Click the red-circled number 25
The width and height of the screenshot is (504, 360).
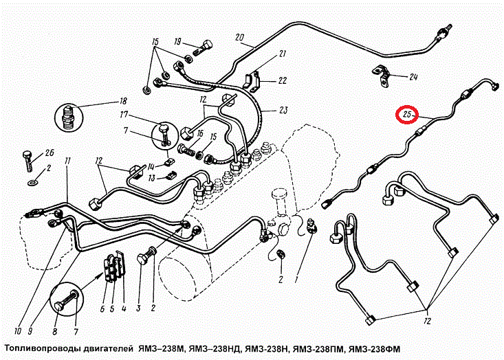[407, 114]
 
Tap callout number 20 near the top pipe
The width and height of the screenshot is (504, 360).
[240, 37]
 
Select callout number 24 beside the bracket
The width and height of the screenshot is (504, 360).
[413, 77]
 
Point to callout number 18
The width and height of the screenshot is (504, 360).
[123, 101]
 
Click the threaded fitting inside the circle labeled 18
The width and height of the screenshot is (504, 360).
[68, 116]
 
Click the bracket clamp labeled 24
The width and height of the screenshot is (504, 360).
[382, 76]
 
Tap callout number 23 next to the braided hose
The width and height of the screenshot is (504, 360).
[283, 110]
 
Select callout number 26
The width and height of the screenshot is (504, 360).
[50, 153]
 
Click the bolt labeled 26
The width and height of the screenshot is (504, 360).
[28, 161]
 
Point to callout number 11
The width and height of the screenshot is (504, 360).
[67, 161]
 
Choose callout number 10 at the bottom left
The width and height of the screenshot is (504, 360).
[18, 330]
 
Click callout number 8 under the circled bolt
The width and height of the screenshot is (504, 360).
[55, 331]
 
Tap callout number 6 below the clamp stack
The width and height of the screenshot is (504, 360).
[102, 309]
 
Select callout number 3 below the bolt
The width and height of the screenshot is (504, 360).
[138, 308]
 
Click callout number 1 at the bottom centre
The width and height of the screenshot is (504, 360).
[296, 280]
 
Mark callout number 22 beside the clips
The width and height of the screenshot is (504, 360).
[282, 80]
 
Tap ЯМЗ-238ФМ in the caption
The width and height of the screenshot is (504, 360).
[375, 349]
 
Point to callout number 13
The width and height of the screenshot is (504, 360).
[152, 178]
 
